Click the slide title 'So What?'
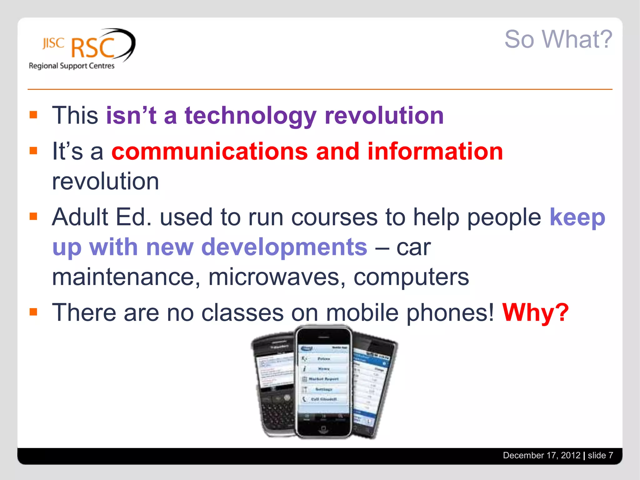(558, 39)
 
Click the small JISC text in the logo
(53, 43)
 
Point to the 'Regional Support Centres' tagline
(72, 66)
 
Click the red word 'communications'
(209, 152)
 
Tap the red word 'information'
(435, 152)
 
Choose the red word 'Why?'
(535, 312)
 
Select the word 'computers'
(411, 277)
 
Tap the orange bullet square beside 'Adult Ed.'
(33, 216)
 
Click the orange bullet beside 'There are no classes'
(33, 312)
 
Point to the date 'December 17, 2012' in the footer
(541, 455)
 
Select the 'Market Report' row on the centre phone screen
(323, 379)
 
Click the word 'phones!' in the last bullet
(450, 312)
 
